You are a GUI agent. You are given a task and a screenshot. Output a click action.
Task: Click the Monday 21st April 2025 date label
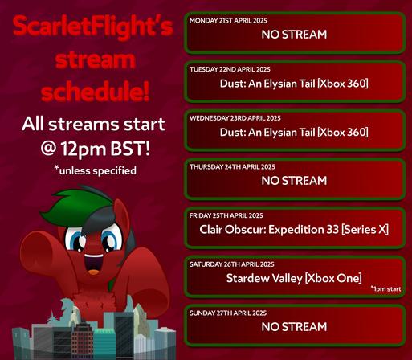(x=228, y=21)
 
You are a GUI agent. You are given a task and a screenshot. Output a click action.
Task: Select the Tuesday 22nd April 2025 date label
(x=230, y=69)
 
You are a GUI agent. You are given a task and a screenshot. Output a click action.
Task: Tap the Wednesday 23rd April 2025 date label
(x=235, y=118)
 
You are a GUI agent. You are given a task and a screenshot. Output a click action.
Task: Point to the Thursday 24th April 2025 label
(x=232, y=167)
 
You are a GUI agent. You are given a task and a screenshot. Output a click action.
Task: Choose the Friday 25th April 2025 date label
(x=226, y=215)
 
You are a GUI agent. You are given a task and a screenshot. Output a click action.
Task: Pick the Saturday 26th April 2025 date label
(x=232, y=264)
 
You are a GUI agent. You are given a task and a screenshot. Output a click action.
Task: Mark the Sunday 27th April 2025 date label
(x=228, y=313)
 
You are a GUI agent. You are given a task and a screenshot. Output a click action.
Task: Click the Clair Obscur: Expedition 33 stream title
(x=294, y=230)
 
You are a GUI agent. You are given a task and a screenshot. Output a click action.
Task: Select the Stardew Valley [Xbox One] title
(x=294, y=279)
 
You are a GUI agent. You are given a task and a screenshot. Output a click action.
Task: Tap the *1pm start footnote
(x=385, y=289)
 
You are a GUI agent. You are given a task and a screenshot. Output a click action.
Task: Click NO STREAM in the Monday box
(x=294, y=35)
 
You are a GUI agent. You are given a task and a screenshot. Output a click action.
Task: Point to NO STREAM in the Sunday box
(x=294, y=327)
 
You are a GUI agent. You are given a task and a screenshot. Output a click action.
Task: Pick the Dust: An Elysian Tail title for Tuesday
(x=294, y=84)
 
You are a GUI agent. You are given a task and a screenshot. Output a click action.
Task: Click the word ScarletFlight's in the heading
(x=93, y=27)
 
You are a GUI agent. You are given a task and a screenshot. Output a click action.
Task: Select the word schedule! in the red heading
(x=95, y=92)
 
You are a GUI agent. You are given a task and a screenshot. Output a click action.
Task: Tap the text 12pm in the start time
(x=84, y=149)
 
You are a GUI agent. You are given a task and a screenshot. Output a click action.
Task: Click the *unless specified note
(x=95, y=170)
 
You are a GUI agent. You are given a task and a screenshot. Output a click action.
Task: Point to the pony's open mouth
(x=93, y=263)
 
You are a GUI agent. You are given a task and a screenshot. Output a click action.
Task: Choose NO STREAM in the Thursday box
(x=294, y=181)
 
